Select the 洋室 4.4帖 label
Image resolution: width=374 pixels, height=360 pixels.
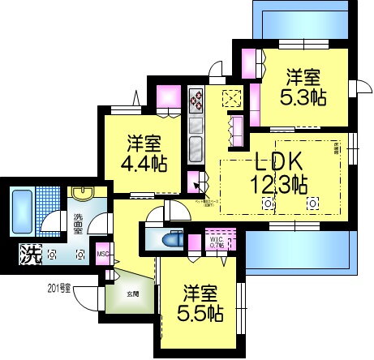[x=146, y=152]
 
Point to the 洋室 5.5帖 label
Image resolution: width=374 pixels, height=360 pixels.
[x=199, y=302]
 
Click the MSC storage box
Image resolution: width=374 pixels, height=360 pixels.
[x=103, y=253]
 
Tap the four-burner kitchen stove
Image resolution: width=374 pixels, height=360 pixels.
[x=197, y=101]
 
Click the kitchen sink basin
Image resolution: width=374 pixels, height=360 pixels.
[x=196, y=151]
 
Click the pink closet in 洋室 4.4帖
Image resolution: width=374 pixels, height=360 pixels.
[x=167, y=96]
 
